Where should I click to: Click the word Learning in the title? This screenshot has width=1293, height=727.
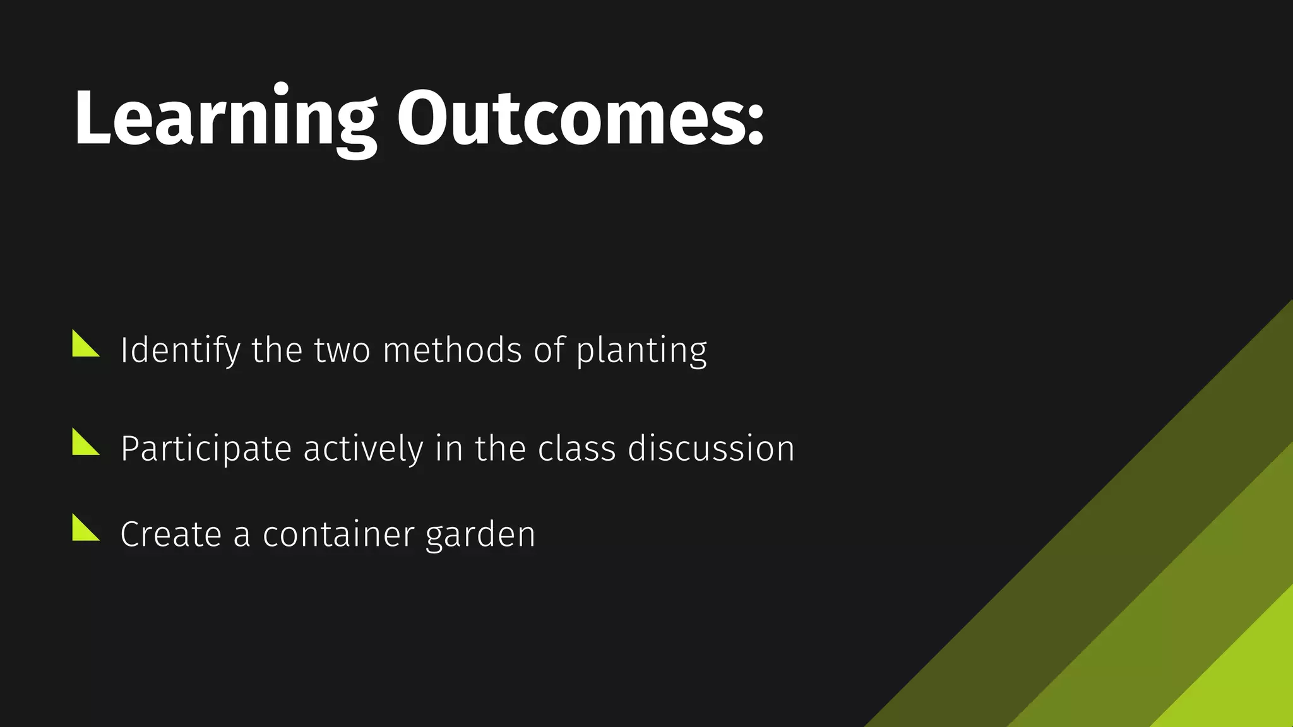[x=224, y=119]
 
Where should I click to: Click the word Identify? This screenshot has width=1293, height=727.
[x=179, y=350]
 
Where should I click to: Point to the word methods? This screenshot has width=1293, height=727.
[x=452, y=350]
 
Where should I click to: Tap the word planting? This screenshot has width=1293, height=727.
[x=641, y=352]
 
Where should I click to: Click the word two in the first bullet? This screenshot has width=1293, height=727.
[x=342, y=352]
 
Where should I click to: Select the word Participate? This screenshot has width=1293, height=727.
[x=206, y=449]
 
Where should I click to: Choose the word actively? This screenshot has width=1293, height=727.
[x=363, y=449]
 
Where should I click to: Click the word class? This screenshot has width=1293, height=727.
[x=576, y=449]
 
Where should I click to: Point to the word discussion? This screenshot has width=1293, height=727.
[x=711, y=449]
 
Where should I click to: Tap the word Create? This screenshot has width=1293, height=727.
[x=170, y=535]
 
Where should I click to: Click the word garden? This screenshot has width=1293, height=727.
[x=480, y=536]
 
